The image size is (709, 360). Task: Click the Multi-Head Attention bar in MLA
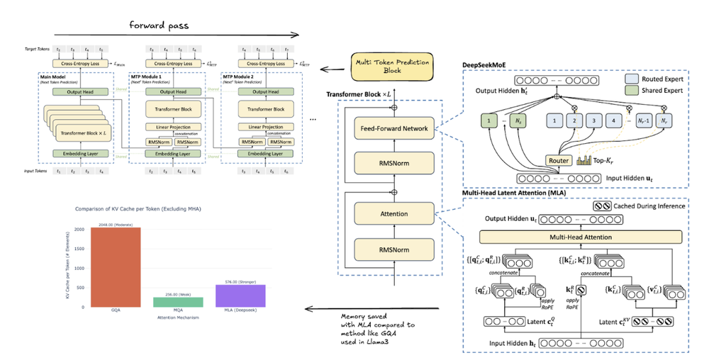[580, 237]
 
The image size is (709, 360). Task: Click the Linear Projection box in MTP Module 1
[173, 127]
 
